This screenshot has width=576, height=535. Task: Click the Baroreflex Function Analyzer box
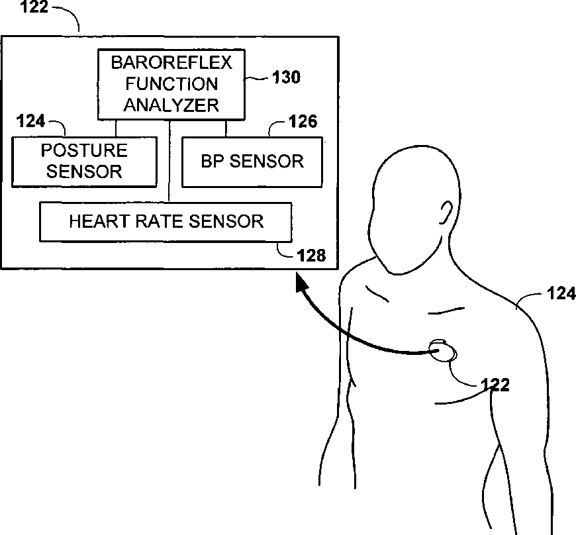[171, 85]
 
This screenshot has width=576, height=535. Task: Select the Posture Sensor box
[85, 161]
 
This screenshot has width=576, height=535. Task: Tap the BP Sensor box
[252, 161]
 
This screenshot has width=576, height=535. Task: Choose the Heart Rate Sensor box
[166, 221]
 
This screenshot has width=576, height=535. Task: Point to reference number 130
[286, 77]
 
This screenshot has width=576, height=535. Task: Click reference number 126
[303, 122]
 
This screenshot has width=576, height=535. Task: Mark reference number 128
[312, 256]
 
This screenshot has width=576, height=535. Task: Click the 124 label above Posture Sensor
[30, 121]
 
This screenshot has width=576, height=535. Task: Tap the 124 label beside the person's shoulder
[561, 293]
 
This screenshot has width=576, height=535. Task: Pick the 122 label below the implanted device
[495, 384]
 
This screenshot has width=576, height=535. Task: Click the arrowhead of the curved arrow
[303, 285]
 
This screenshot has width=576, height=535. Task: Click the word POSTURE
[84, 150]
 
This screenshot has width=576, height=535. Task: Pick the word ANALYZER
[171, 104]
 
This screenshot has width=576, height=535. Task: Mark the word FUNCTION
[171, 84]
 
